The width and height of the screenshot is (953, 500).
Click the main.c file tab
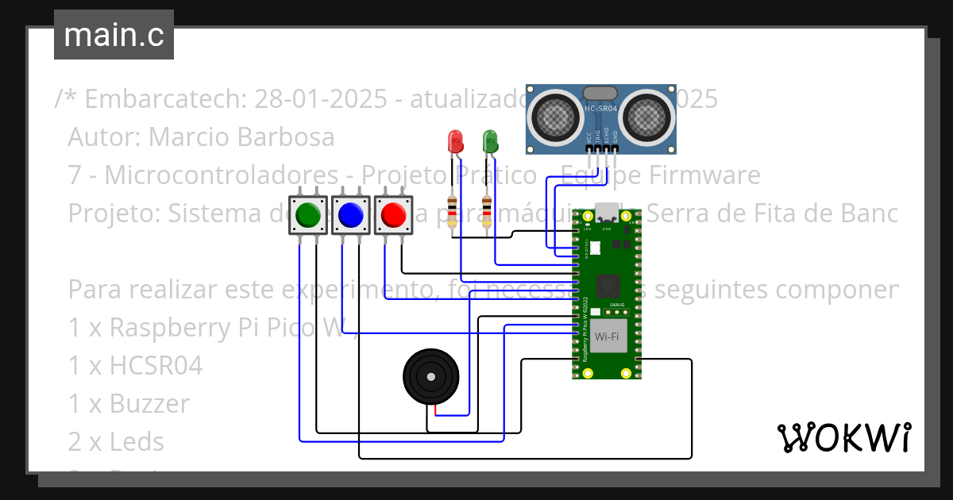114,35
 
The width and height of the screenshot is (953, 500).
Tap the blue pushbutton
350,215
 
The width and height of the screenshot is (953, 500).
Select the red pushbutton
393,215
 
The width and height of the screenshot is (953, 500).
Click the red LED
456,142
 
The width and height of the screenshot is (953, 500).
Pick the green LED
490,142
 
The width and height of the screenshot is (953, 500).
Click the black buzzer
430,377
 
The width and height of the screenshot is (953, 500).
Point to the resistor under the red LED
453,210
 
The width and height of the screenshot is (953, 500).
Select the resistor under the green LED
487,210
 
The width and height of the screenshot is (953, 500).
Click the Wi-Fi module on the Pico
607,337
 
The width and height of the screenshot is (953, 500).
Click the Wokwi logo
843,437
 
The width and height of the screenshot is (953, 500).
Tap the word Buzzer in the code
149,404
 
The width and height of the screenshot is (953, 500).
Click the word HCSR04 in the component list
156,366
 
